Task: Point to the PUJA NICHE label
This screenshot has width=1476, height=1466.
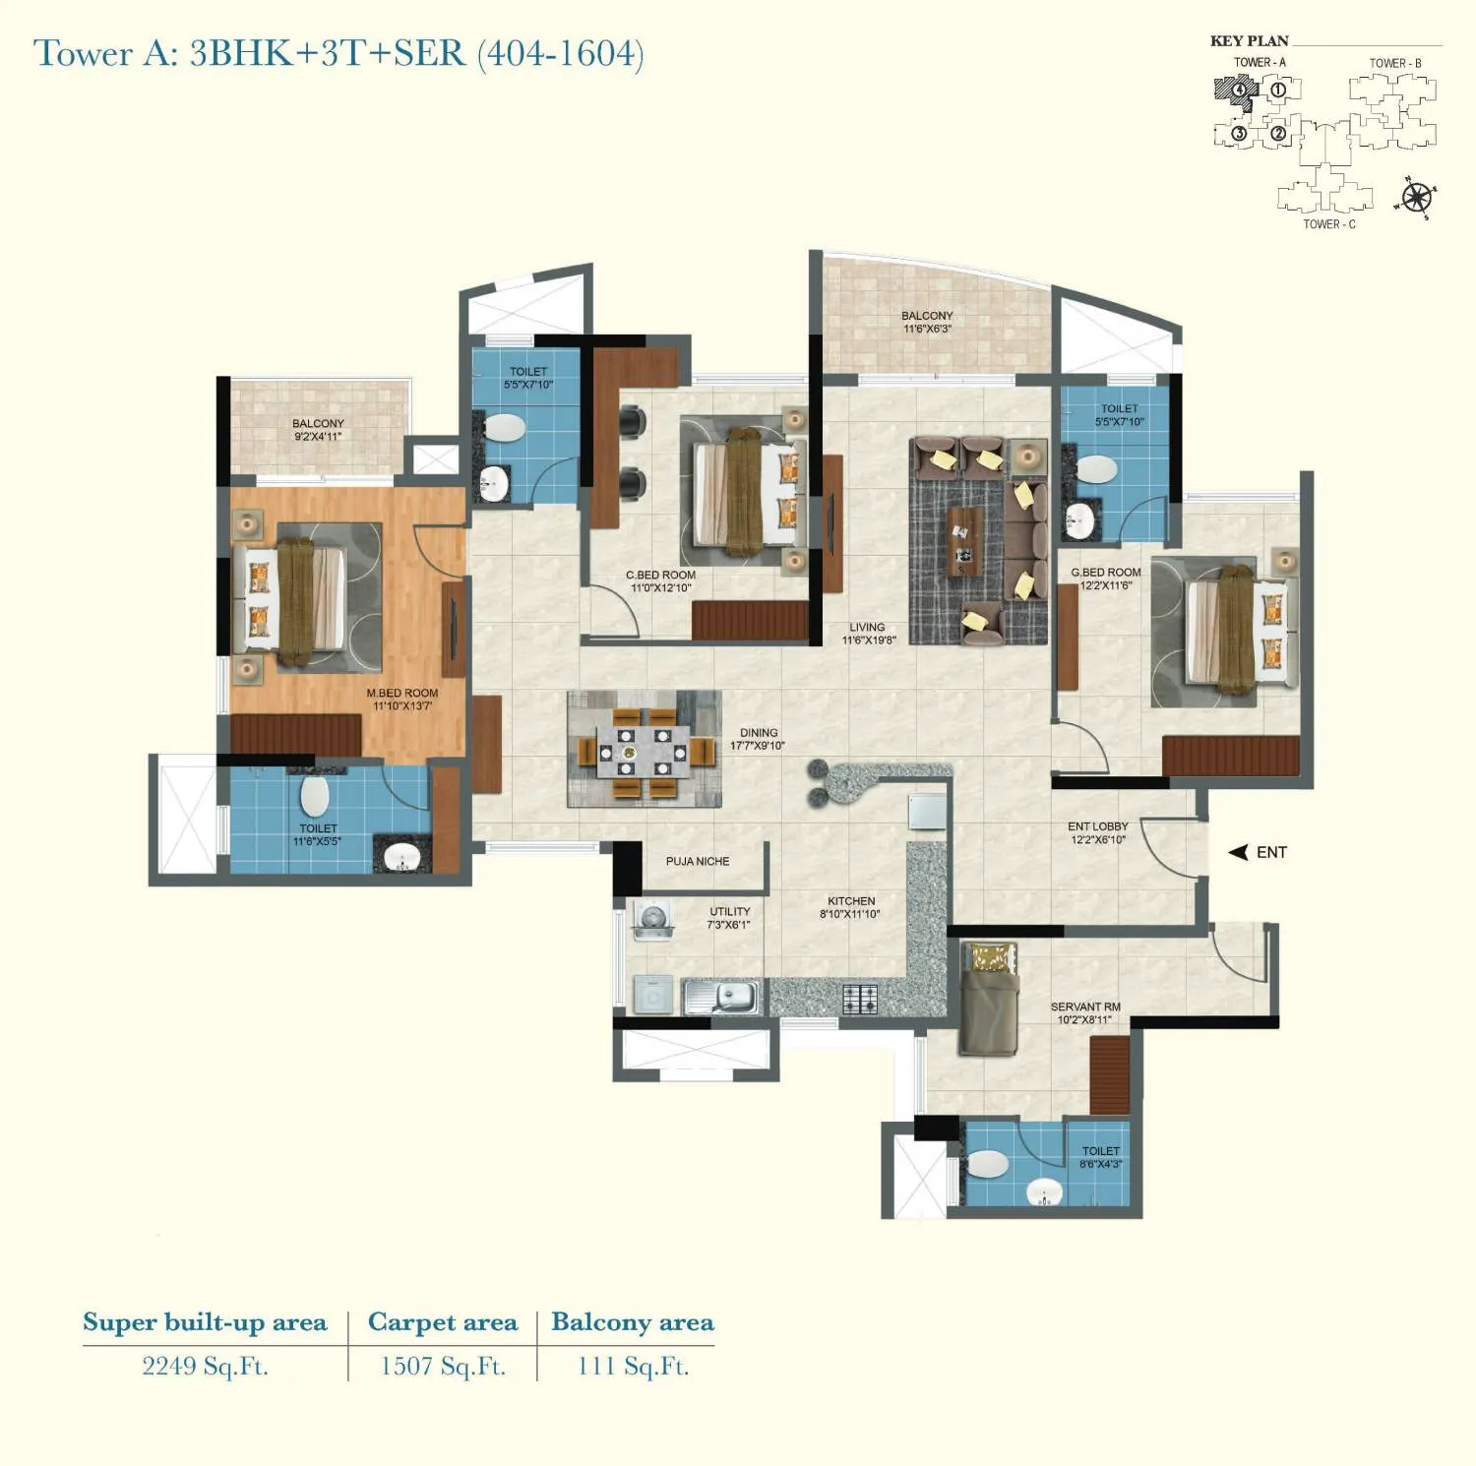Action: tap(698, 861)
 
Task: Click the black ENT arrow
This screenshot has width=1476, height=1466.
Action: tap(1238, 852)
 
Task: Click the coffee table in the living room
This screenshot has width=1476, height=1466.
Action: tap(964, 541)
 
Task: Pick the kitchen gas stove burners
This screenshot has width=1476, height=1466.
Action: tap(859, 999)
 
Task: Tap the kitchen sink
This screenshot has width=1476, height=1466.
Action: tap(723, 997)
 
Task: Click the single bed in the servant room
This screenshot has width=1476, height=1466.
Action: tap(989, 999)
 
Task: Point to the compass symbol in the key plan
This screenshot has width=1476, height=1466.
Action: tap(1416, 198)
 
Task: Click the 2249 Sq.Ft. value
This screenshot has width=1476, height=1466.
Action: tap(205, 1366)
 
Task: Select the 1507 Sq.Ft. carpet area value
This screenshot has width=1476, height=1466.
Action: tap(443, 1366)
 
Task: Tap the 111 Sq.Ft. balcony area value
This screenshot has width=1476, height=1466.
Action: tap(633, 1366)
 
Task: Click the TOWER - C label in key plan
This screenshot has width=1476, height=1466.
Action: tap(1329, 224)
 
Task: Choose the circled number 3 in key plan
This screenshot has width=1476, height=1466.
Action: tap(1239, 133)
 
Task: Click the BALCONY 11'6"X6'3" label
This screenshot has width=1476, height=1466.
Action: tap(927, 322)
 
